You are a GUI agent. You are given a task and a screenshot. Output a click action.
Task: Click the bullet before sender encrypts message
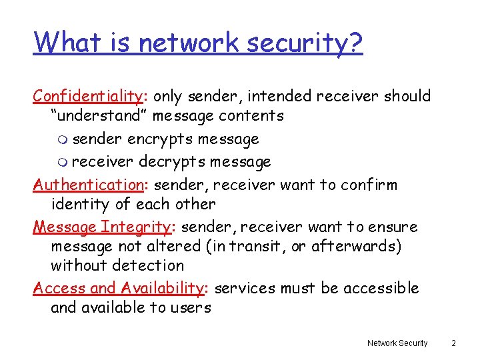[x=63, y=141]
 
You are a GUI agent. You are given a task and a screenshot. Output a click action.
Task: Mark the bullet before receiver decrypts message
[x=63, y=163]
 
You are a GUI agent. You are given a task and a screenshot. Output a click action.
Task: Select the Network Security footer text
[x=397, y=343]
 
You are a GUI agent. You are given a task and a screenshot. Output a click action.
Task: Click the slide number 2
[x=453, y=343]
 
